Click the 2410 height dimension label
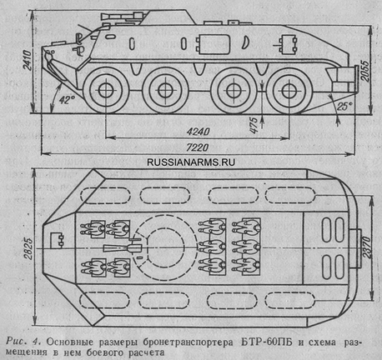point(27,60)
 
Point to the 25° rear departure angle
point(344,107)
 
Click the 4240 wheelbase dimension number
point(198,132)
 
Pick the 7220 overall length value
point(197,147)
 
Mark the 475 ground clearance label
point(254,125)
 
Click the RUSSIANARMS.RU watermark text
point(191,162)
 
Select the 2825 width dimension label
point(29,248)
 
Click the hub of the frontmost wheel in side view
point(106,90)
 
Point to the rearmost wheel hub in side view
point(289,90)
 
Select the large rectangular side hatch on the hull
point(214,43)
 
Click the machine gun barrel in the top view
point(116,248)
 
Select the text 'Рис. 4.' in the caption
point(24,342)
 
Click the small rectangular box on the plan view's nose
point(57,240)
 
